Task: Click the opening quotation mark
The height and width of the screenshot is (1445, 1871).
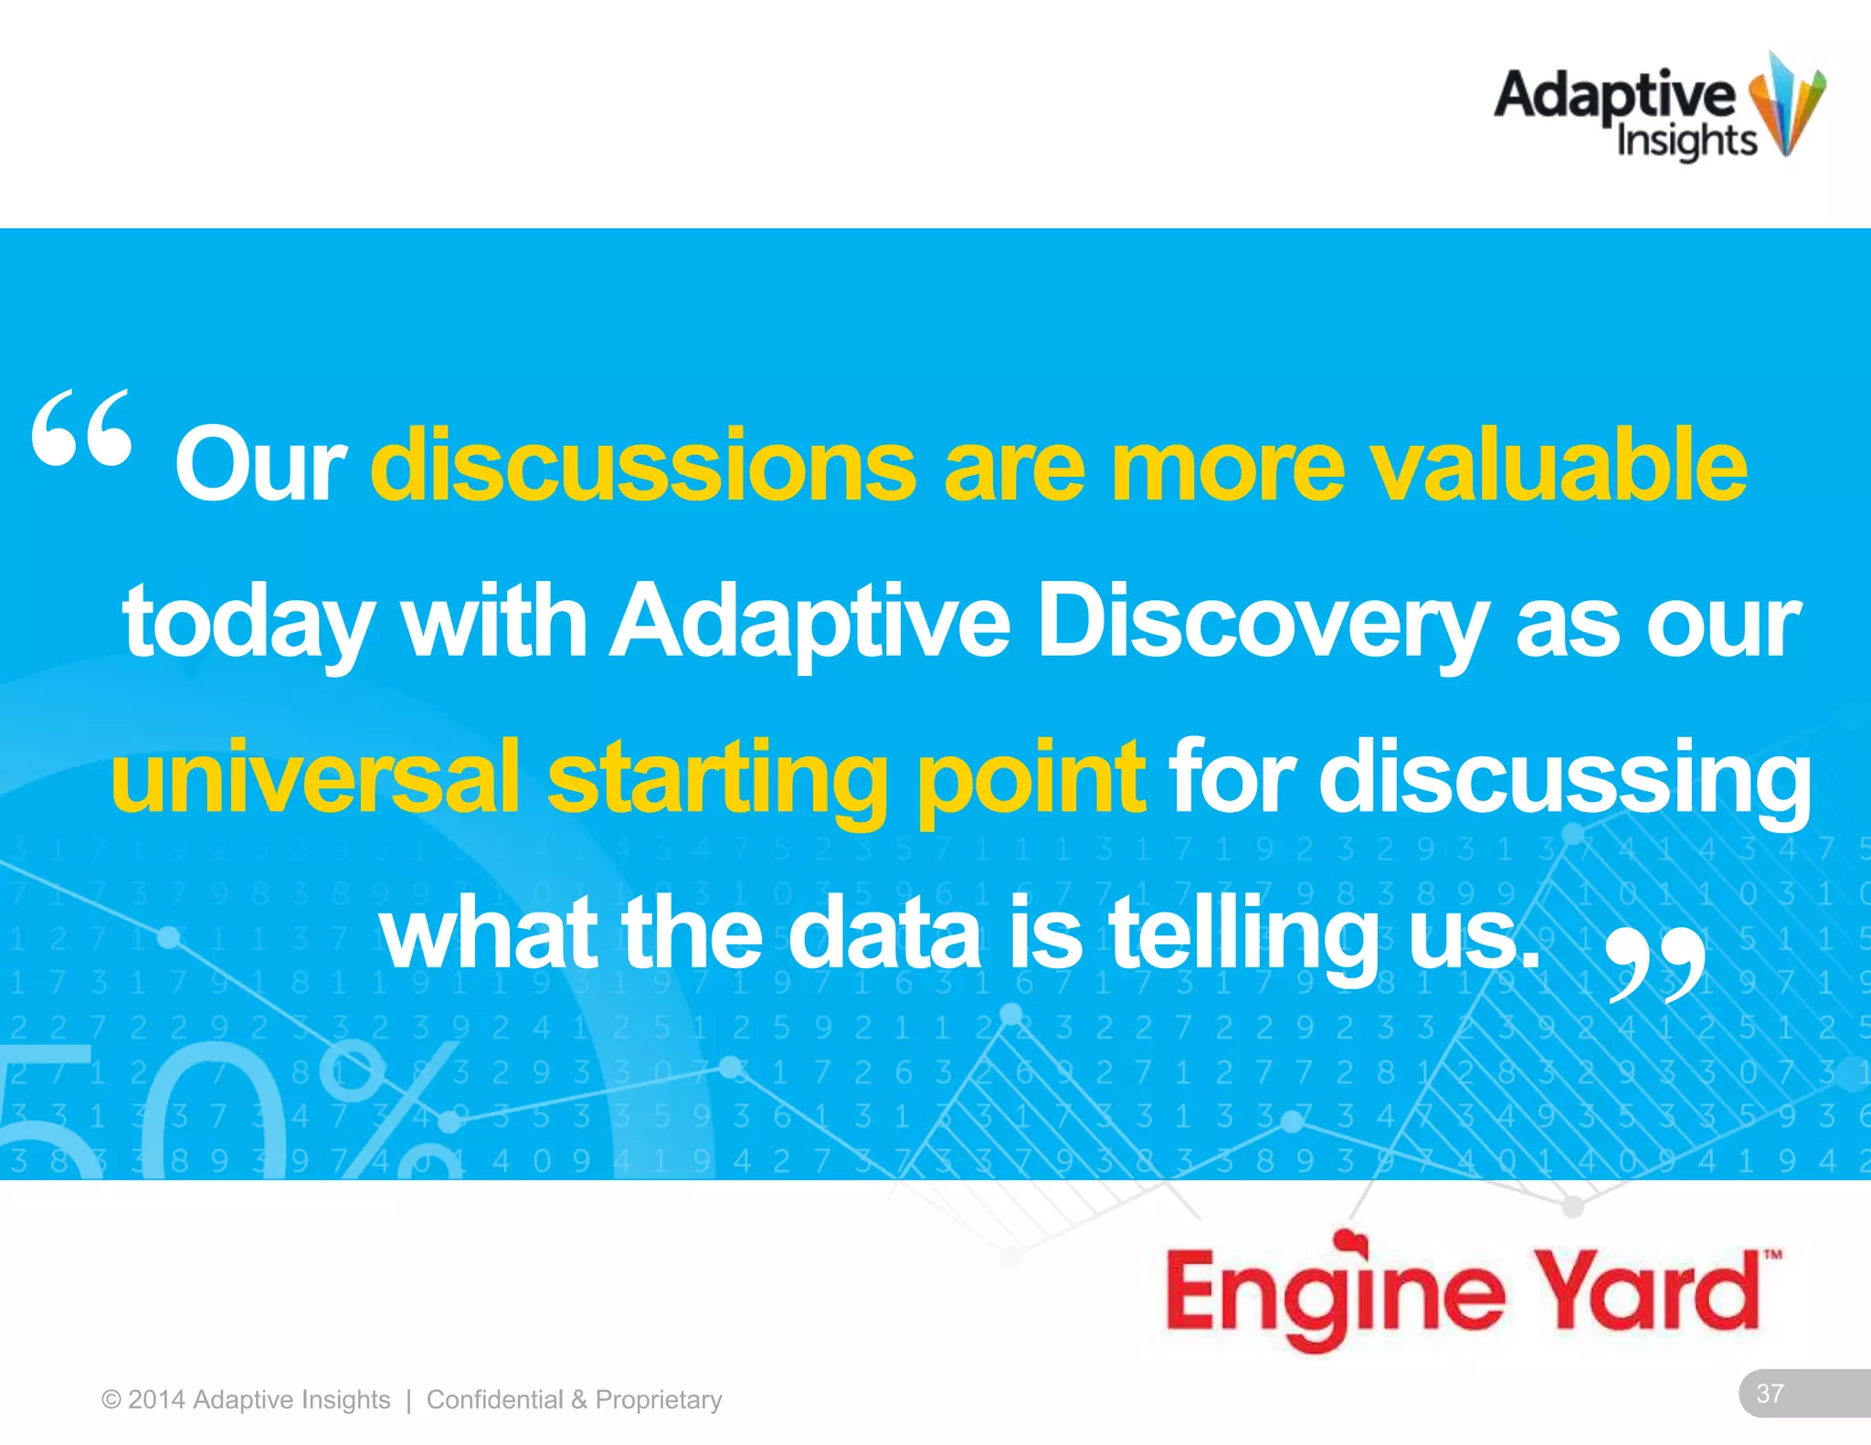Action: pos(82,427)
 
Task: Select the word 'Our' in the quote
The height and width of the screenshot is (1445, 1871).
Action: pos(259,466)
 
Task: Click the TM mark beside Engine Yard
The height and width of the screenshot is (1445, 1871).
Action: pos(1772,1255)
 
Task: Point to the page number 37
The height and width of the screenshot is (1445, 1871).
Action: pos(1770,1393)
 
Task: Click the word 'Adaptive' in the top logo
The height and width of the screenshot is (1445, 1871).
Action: pos(1613,96)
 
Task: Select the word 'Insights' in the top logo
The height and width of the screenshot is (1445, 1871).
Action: pos(1686,142)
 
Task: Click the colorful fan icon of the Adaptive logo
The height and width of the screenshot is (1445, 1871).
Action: pos(1786,105)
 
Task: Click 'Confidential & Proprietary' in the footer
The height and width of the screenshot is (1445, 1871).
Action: pos(574,1399)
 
